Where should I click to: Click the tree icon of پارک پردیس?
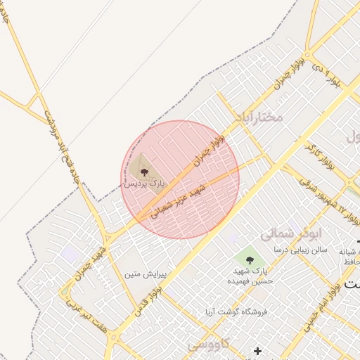pos(144,171)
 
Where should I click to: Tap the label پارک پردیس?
pos(144,184)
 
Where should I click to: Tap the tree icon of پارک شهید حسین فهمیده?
pos(250,260)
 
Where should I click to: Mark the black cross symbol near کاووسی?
pos(257,350)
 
